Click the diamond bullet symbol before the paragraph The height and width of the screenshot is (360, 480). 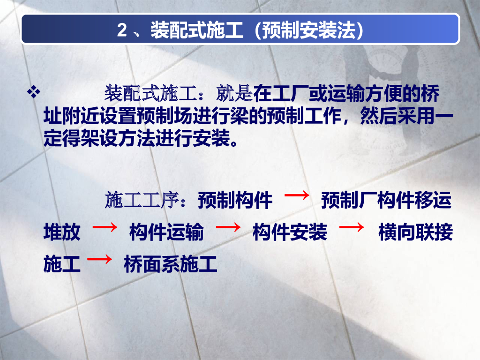pos(34,91)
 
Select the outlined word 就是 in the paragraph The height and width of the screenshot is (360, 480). pos(234,93)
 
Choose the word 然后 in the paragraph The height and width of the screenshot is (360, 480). pos(379,116)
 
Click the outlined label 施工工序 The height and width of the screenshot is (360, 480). pos(142,200)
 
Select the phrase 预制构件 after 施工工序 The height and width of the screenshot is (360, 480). pos(235,200)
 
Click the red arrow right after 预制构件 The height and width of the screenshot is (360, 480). pos(297,195)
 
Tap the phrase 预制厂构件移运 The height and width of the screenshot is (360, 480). pos(386,200)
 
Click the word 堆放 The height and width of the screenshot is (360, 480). pos(62,232)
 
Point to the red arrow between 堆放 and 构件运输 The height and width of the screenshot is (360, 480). pos(105,227)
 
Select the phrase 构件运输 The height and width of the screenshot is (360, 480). pos(166,232)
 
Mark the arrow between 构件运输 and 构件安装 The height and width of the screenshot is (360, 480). pos(228,227)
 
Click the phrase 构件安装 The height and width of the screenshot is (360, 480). pos(290,232)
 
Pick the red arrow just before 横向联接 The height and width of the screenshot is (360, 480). pos(352,227)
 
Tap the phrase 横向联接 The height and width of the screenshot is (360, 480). pos(416,232)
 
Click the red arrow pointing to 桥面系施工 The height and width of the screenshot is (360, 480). pos(99,259)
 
